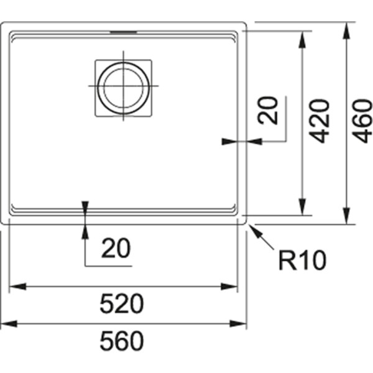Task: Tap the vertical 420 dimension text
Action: (x=319, y=120)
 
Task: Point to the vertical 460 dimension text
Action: (x=362, y=120)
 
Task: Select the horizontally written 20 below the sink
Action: (x=116, y=249)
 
